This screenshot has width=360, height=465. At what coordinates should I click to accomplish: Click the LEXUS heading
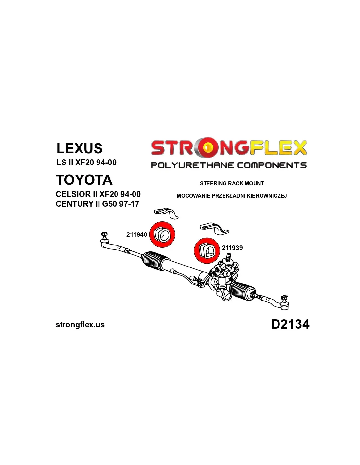click(80, 148)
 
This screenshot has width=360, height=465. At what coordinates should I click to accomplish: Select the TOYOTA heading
click(84, 180)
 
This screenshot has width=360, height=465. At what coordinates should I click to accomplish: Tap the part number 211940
click(136, 234)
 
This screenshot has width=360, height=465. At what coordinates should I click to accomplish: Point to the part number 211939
click(232, 248)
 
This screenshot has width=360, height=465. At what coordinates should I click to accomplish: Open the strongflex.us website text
click(80, 325)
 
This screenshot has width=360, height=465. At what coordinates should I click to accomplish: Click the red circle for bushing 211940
click(162, 234)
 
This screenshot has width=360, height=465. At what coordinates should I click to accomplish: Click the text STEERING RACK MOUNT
click(232, 183)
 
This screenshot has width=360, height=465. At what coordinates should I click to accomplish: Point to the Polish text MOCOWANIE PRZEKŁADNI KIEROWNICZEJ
click(231, 196)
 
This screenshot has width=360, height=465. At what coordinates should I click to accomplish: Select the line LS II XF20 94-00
click(86, 163)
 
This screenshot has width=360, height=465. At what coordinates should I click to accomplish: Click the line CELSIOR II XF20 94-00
click(98, 194)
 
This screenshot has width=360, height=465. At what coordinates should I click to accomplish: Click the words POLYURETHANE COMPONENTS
click(229, 165)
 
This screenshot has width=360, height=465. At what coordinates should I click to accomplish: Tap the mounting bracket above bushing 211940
click(166, 213)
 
